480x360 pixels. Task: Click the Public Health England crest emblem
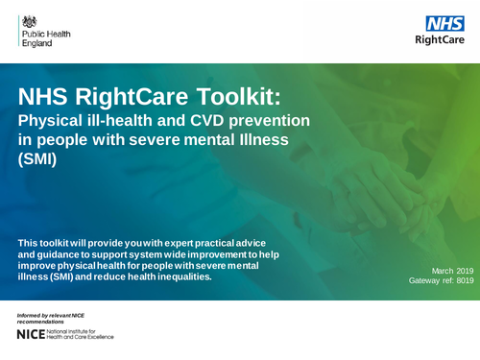(x=30, y=20)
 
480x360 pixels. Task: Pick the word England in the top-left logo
(x=36, y=43)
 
